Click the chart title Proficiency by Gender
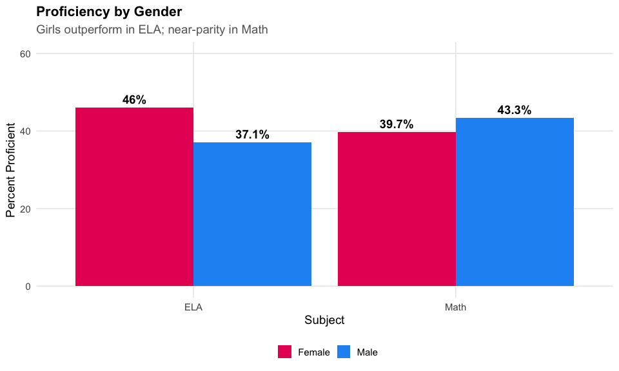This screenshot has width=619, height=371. (x=109, y=12)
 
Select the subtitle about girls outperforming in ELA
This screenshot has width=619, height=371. (x=152, y=30)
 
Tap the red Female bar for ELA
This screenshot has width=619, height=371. (x=134, y=196)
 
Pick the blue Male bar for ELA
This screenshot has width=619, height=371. (x=252, y=214)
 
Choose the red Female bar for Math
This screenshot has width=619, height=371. (x=397, y=209)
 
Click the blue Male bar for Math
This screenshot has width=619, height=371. (x=515, y=202)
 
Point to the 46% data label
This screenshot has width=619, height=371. (x=134, y=100)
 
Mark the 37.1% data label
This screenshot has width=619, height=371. (x=252, y=135)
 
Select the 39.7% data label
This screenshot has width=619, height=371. (x=396, y=124)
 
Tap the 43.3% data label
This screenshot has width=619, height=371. (x=515, y=110)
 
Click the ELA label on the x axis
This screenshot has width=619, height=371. (x=193, y=307)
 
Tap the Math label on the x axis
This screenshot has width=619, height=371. (x=456, y=307)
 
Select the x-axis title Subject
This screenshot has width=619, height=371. (x=324, y=320)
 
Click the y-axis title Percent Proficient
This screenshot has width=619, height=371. (x=10, y=170)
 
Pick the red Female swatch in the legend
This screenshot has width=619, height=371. (x=285, y=352)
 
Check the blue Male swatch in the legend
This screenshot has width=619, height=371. (x=344, y=352)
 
